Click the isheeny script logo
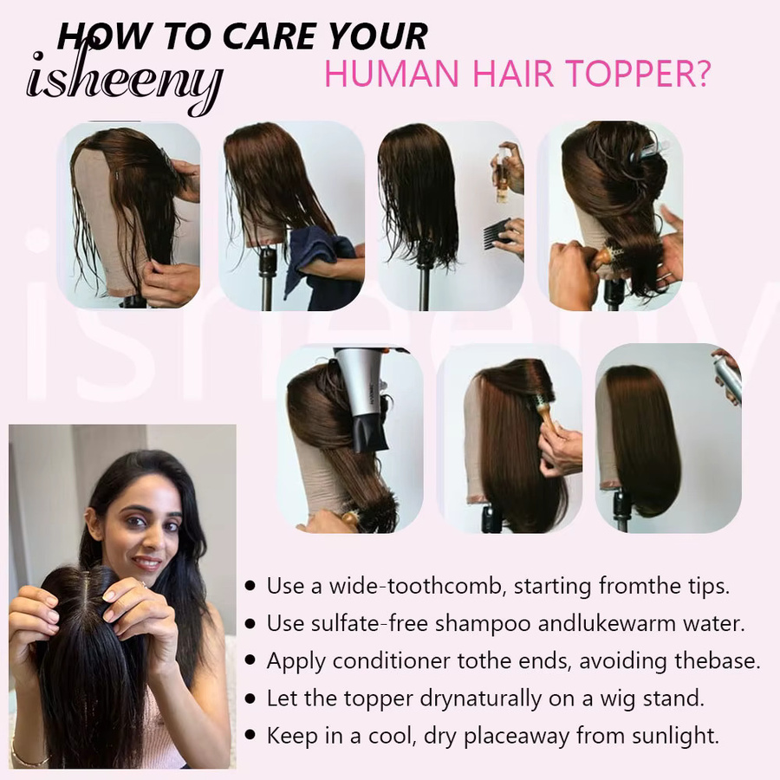pyautogui.click(x=124, y=80)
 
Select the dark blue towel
pyautogui.click(x=323, y=269)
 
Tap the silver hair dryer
pyautogui.click(x=362, y=398)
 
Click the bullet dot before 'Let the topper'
pyautogui.click(x=250, y=699)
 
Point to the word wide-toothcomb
pyautogui.click(x=414, y=586)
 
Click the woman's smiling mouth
pyautogui.click(x=147, y=562)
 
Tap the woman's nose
pyautogui.click(x=149, y=540)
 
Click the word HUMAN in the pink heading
pyautogui.click(x=391, y=74)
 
